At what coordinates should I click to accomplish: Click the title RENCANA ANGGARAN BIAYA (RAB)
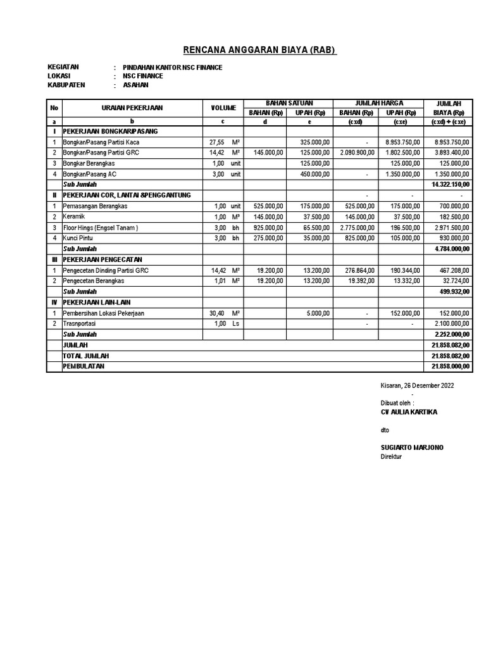point(259,50)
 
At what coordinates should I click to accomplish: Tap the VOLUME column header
point(223,108)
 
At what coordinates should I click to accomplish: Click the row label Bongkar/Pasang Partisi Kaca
point(101,142)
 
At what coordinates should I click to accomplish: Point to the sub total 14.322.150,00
point(449,184)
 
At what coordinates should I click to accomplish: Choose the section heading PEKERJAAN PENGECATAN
point(102,259)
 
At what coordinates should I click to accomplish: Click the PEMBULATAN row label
point(84,366)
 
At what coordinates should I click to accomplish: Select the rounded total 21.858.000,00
point(449,366)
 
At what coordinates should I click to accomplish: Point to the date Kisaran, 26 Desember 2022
point(417,385)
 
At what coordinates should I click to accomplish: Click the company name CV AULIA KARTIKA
point(408,412)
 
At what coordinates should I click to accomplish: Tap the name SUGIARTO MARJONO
point(412,447)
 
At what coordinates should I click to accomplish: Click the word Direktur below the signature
point(391,457)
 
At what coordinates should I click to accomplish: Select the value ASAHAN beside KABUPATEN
point(135,85)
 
